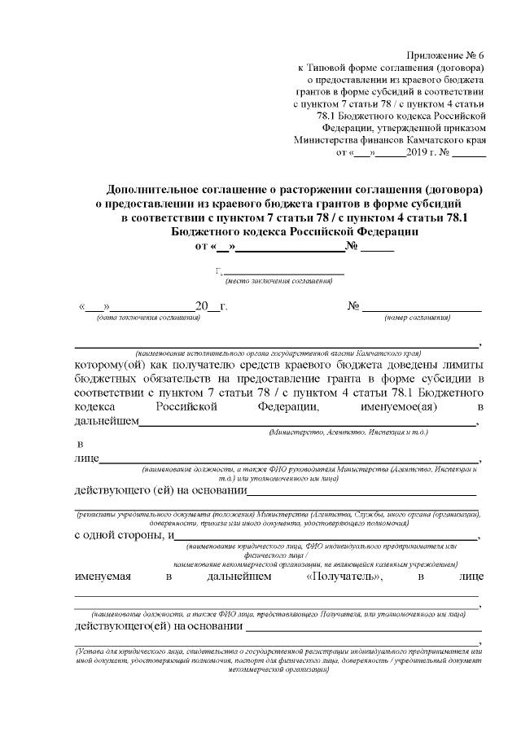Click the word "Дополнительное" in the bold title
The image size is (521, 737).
click(x=160, y=186)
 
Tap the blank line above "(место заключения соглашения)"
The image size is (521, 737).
click(x=283, y=272)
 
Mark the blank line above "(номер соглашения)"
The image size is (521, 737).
click(x=421, y=308)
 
